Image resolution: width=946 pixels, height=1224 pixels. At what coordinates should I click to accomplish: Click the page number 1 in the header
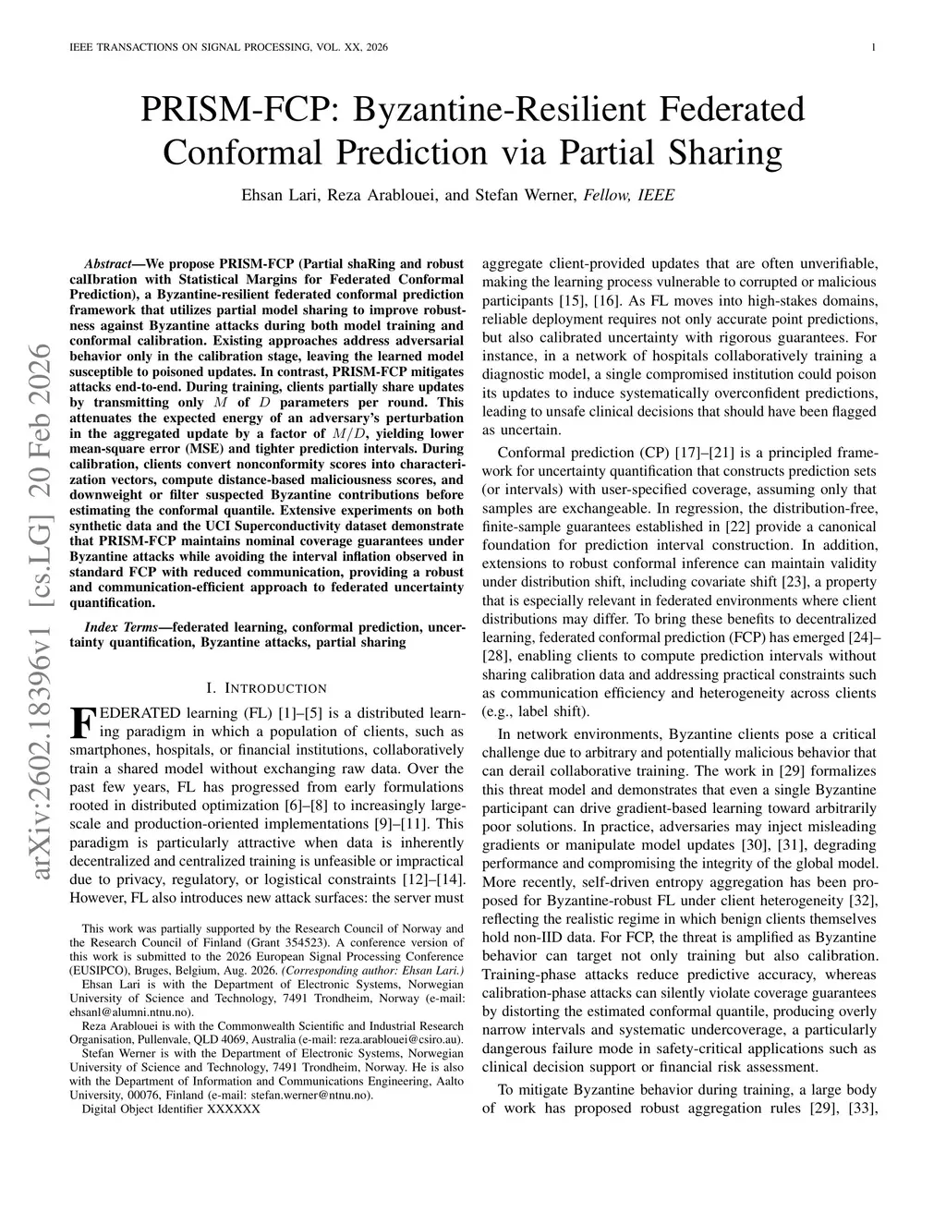[x=873, y=47]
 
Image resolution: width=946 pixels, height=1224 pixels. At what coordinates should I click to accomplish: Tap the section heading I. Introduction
[x=268, y=688]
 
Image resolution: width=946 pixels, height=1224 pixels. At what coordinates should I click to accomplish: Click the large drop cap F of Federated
[x=82, y=722]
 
